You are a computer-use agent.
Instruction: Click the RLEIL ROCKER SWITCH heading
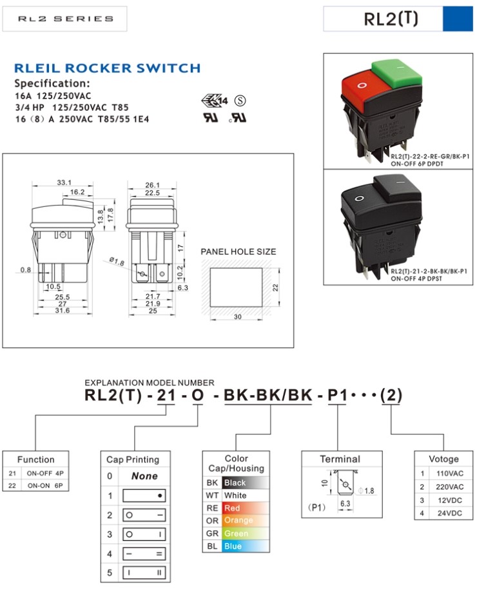[x=107, y=68]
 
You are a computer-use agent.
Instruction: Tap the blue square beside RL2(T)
[x=458, y=19]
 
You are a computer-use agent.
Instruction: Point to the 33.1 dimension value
[x=64, y=182]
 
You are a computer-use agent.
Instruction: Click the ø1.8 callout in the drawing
[x=117, y=261]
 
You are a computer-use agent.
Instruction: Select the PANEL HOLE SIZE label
[x=238, y=251]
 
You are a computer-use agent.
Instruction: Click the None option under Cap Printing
[x=144, y=476]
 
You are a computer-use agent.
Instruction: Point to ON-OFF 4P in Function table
[x=44, y=473]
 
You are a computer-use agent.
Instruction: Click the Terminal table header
[x=340, y=459]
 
